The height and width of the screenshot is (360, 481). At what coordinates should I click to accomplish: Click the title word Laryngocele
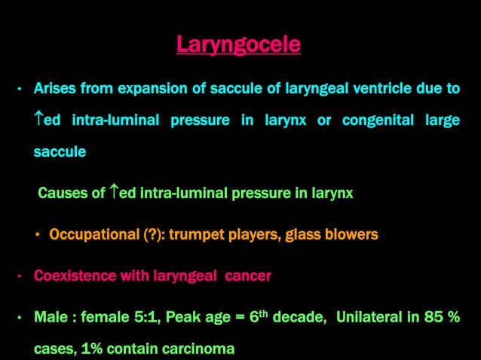click(238, 44)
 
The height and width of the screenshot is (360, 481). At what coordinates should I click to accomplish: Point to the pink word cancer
click(247, 276)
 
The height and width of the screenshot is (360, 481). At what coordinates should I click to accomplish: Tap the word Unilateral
click(370, 317)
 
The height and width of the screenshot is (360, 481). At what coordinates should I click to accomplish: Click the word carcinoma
click(196, 349)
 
